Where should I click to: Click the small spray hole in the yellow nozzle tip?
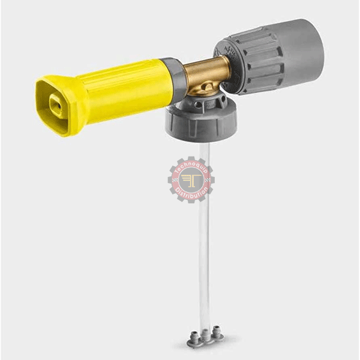coord(59,106)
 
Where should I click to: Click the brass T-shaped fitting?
coord(205,76)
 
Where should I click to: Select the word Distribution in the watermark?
coord(191,194)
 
